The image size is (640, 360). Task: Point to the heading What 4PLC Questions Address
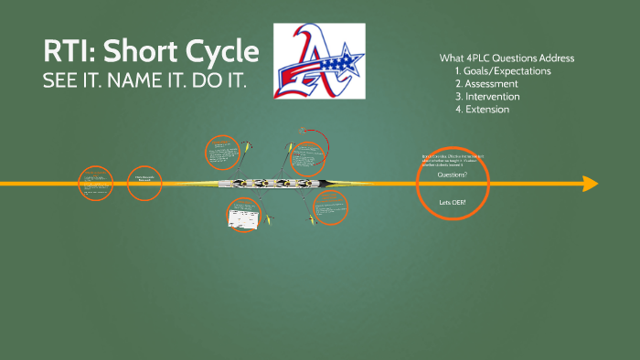click(507, 58)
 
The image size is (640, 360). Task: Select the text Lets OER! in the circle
click(452, 201)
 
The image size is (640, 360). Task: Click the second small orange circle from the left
click(144, 183)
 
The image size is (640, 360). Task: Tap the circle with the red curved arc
click(309, 154)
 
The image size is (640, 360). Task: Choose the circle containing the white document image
click(244, 215)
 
